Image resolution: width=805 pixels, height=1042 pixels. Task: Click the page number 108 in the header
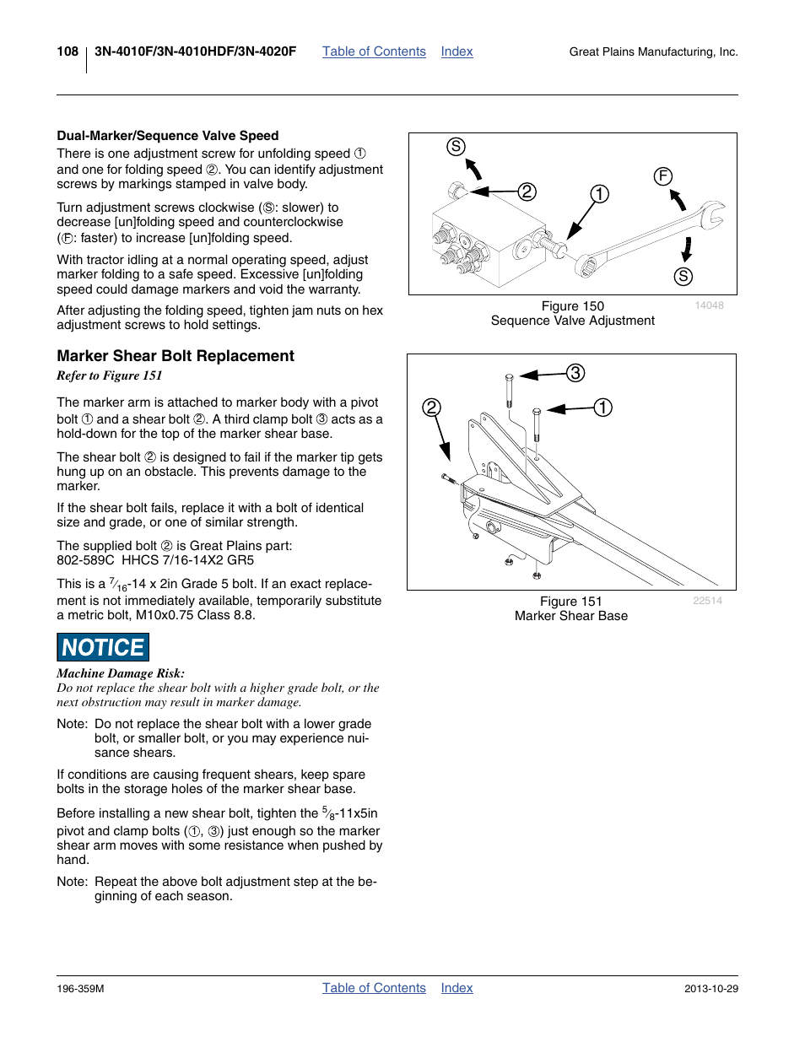click(x=68, y=51)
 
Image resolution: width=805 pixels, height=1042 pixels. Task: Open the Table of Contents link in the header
click(x=374, y=51)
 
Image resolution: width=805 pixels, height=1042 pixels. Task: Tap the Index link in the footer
click(x=457, y=988)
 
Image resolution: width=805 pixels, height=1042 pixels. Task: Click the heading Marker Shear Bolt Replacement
click(x=176, y=356)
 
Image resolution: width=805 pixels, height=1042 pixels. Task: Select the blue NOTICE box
click(x=103, y=647)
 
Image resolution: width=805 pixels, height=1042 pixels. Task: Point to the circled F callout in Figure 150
click(x=663, y=176)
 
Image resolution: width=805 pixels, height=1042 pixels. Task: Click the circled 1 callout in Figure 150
click(x=599, y=194)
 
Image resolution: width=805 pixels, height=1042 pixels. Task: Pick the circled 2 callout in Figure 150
click(x=527, y=192)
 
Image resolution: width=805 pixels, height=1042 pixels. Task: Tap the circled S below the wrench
click(x=683, y=277)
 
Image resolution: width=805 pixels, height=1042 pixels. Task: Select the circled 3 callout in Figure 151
click(x=575, y=373)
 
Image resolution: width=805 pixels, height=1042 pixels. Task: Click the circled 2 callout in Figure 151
click(x=432, y=408)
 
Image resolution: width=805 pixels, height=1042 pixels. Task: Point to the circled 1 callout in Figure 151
click(x=602, y=408)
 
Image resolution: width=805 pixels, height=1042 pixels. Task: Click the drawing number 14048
click(x=709, y=305)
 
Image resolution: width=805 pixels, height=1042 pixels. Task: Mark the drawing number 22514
click(x=707, y=601)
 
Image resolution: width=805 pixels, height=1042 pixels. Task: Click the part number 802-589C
click(x=85, y=560)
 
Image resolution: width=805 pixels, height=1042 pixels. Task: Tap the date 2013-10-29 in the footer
click(x=710, y=989)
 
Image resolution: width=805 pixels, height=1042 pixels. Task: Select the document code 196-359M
click(x=80, y=989)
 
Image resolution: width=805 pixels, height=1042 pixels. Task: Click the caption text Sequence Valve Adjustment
click(x=572, y=321)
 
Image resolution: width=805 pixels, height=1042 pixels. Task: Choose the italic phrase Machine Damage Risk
click(x=121, y=673)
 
